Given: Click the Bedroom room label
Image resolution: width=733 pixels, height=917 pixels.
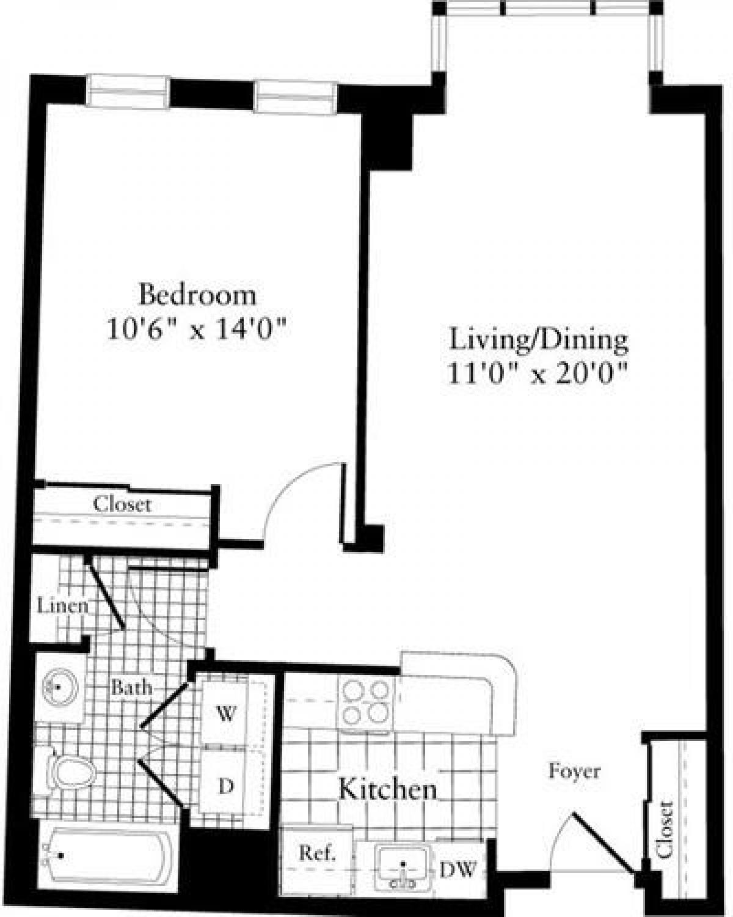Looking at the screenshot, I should point(197,295).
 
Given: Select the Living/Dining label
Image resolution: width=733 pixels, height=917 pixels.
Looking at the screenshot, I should point(539,340).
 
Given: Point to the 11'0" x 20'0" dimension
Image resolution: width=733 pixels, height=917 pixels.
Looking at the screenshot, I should point(539,373).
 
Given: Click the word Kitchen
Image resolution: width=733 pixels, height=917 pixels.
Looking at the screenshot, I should point(388,789).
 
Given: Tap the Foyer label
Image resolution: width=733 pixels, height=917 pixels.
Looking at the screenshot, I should point(574,772).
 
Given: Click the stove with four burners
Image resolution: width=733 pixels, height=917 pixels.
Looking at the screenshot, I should point(366,702).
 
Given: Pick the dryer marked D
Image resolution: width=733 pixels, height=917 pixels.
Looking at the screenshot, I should point(225,786).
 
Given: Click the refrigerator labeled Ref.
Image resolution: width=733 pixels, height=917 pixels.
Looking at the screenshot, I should point(316,853).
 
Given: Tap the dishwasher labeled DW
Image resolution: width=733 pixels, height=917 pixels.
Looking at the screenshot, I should point(458,871).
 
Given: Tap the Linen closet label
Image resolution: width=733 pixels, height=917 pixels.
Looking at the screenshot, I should point(62,606).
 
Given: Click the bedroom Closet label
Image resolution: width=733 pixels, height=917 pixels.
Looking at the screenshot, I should point(122,504).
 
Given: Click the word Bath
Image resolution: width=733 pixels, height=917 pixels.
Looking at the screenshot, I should point(131,687).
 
